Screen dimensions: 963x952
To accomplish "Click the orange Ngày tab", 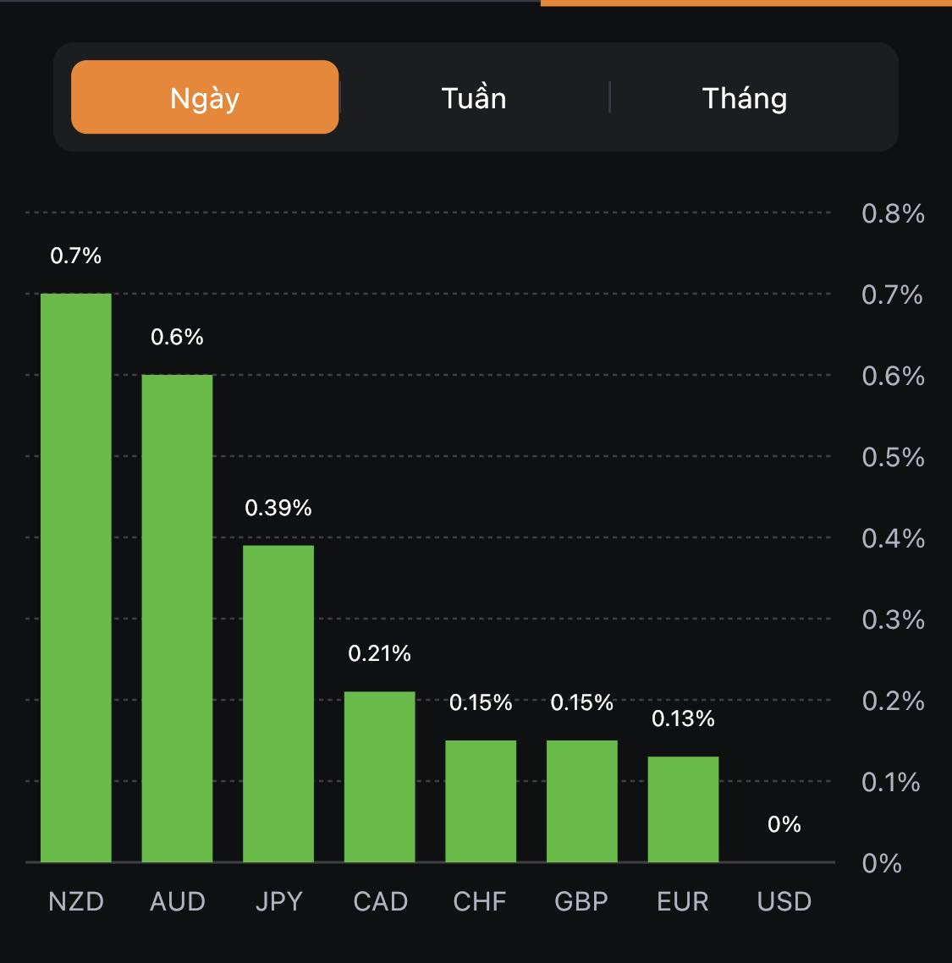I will tap(205, 97).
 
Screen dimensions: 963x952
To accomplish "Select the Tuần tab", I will tap(474, 98).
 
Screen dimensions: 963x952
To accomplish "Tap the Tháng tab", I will tap(745, 98).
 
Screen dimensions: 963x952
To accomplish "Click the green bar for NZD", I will tap(76, 578).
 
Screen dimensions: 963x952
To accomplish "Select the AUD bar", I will tap(177, 619).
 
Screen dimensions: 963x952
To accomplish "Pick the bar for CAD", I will tap(380, 777).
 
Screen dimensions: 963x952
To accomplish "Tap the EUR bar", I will tap(683, 809).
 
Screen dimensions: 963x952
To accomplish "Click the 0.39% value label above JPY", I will tap(278, 508).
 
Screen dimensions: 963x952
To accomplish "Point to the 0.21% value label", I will tap(380, 653).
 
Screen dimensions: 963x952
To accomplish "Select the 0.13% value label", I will tap(683, 718).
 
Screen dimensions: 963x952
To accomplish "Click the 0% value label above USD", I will tap(784, 824).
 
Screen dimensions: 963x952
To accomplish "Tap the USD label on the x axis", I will tap(784, 901).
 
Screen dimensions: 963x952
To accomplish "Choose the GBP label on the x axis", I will tap(581, 901).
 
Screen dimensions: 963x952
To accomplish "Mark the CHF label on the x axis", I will tap(480, 901).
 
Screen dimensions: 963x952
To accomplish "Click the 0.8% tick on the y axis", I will tap(893, 213).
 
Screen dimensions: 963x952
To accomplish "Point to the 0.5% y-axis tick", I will tap(893, 457).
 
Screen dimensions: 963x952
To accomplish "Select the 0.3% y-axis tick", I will tap(893, 619).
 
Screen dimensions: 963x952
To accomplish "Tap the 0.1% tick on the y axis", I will tap(891, 782).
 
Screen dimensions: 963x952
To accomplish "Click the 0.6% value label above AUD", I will tap(177, 337).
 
